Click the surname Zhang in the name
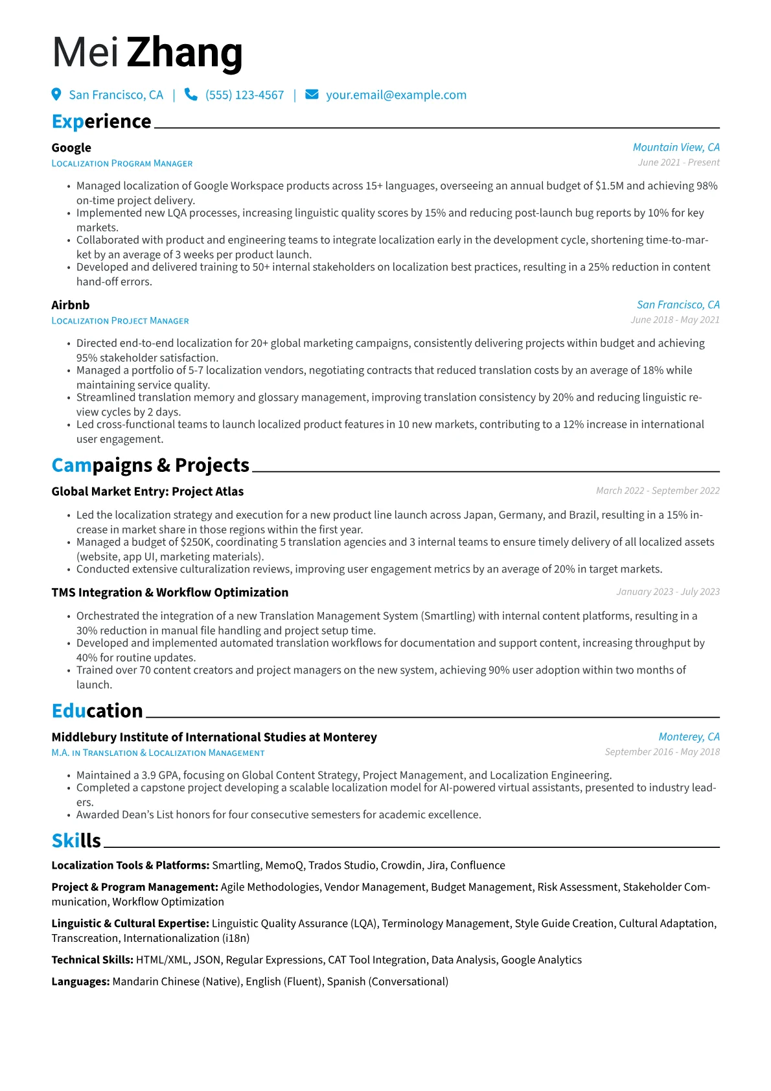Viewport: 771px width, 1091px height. point(185,53)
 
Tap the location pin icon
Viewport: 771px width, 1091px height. point(56,95)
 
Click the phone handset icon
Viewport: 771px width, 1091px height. point(190,95)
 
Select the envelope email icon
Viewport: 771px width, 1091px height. point(312,95)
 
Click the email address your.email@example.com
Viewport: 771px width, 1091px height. point(396,95)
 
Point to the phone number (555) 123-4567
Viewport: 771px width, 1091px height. point(244,95)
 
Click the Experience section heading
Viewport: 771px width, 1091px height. point(101,122)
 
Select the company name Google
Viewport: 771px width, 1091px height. point(71,148)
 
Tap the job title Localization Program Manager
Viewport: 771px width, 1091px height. point(122,163)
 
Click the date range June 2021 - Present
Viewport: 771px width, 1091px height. point(678,163)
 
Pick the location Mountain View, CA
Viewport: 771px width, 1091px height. point(676,148)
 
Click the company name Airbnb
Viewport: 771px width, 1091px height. point(71,305)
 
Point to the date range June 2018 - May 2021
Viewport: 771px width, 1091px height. point(674,320)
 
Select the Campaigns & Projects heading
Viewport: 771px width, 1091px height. point(150,465)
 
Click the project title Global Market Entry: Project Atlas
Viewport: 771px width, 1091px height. point(148,491)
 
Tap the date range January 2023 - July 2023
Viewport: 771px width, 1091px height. point(667,592)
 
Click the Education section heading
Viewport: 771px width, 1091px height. point(97,711)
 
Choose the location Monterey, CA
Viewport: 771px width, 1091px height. point(689,737)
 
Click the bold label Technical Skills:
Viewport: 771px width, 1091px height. point(93,960)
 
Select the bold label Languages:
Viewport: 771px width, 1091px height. point(80,981)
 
